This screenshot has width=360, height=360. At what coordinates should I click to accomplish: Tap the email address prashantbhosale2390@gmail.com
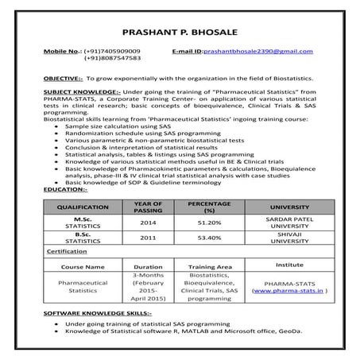click(258, 51)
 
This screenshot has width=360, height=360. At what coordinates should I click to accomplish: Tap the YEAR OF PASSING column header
click(148, 206)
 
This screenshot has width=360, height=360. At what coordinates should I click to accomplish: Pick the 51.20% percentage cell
click(209, 223)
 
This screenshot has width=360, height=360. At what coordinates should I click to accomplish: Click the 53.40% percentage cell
click(209, 238)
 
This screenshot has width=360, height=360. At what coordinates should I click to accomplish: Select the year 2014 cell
click(148, 223)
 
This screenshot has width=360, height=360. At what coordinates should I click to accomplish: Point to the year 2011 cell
click(148, 238)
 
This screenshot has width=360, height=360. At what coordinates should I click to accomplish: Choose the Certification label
click(67, 251)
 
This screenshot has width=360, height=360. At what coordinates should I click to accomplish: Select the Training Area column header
click(210, 266)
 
